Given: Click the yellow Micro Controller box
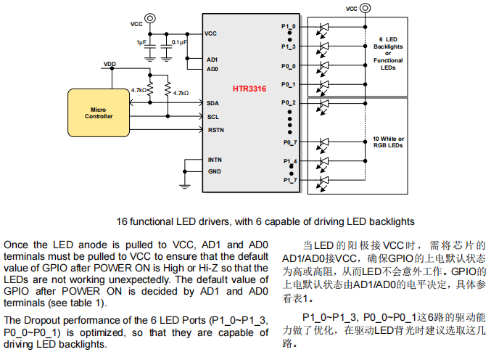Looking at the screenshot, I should (98, 112).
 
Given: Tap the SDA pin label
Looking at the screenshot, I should (213, 103).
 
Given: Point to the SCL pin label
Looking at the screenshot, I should (213, 116).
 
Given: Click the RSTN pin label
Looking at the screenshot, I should (215, 130).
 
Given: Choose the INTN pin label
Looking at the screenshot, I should (215, 159).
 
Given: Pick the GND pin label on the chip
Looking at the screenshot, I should (214, 172).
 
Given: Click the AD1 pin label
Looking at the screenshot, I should (212, 60).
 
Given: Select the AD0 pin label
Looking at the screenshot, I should (212, 70).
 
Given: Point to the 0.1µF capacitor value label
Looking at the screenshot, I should (179, 43).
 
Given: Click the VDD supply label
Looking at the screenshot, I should (110, 65).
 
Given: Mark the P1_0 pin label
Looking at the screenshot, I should (289, 27).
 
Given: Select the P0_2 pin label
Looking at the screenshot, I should (289, 103).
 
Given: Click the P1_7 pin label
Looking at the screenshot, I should (289, 179).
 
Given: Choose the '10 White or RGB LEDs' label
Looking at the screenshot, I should (389, 142).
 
